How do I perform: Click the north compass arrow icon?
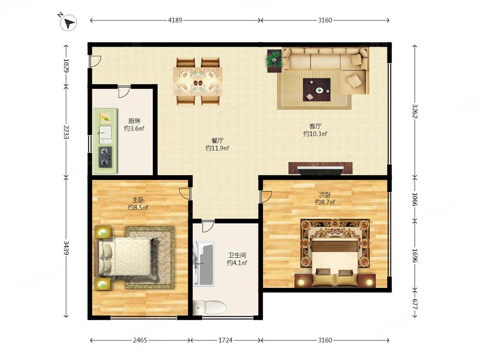pos(68,23)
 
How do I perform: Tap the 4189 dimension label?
pos(175,20)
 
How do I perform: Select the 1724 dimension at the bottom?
pos(225,340)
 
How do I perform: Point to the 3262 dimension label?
pos(415,111)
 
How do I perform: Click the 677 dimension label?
pos(415,304)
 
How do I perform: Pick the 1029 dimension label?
pos(66,65)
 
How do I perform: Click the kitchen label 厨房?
pos(134,121)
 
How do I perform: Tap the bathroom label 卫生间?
pos(237,255)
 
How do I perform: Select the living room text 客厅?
pos(315,126)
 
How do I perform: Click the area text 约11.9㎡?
pos(217,148)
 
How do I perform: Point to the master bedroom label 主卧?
pos(138,200)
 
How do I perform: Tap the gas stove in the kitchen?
pos(105,157)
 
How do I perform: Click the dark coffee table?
pos(316,89)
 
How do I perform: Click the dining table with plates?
pos(197,82)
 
